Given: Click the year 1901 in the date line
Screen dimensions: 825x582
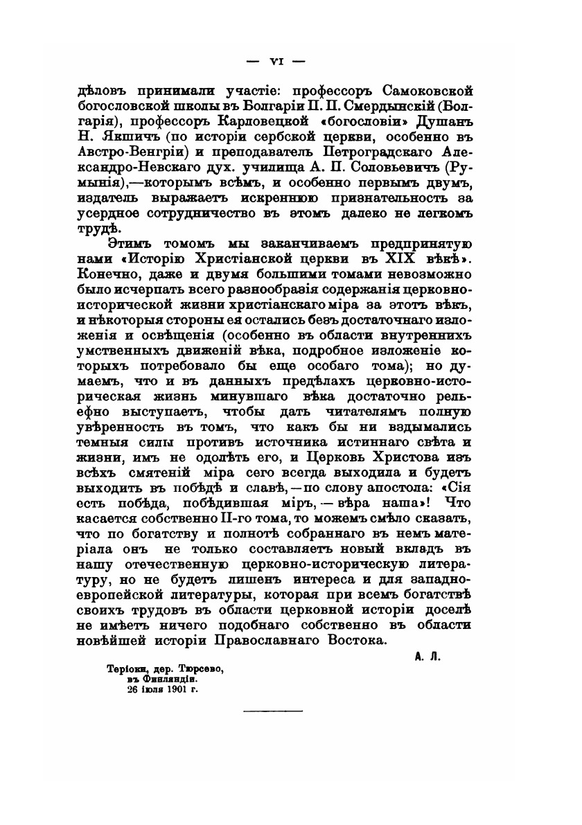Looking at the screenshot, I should [x=173, y=690].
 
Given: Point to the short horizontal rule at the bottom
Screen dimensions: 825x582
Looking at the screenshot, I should [x=272, y=711].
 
